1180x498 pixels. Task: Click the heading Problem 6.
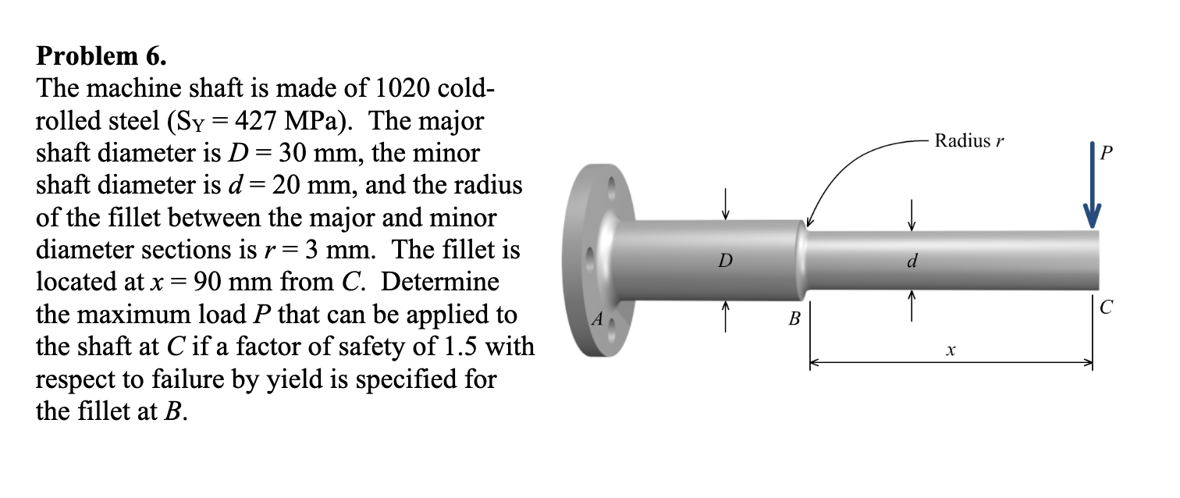point(101,57)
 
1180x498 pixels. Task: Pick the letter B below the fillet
point(794,318)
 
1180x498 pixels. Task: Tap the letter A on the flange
point(599,318)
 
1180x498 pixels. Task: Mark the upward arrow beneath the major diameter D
point(726,316)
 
